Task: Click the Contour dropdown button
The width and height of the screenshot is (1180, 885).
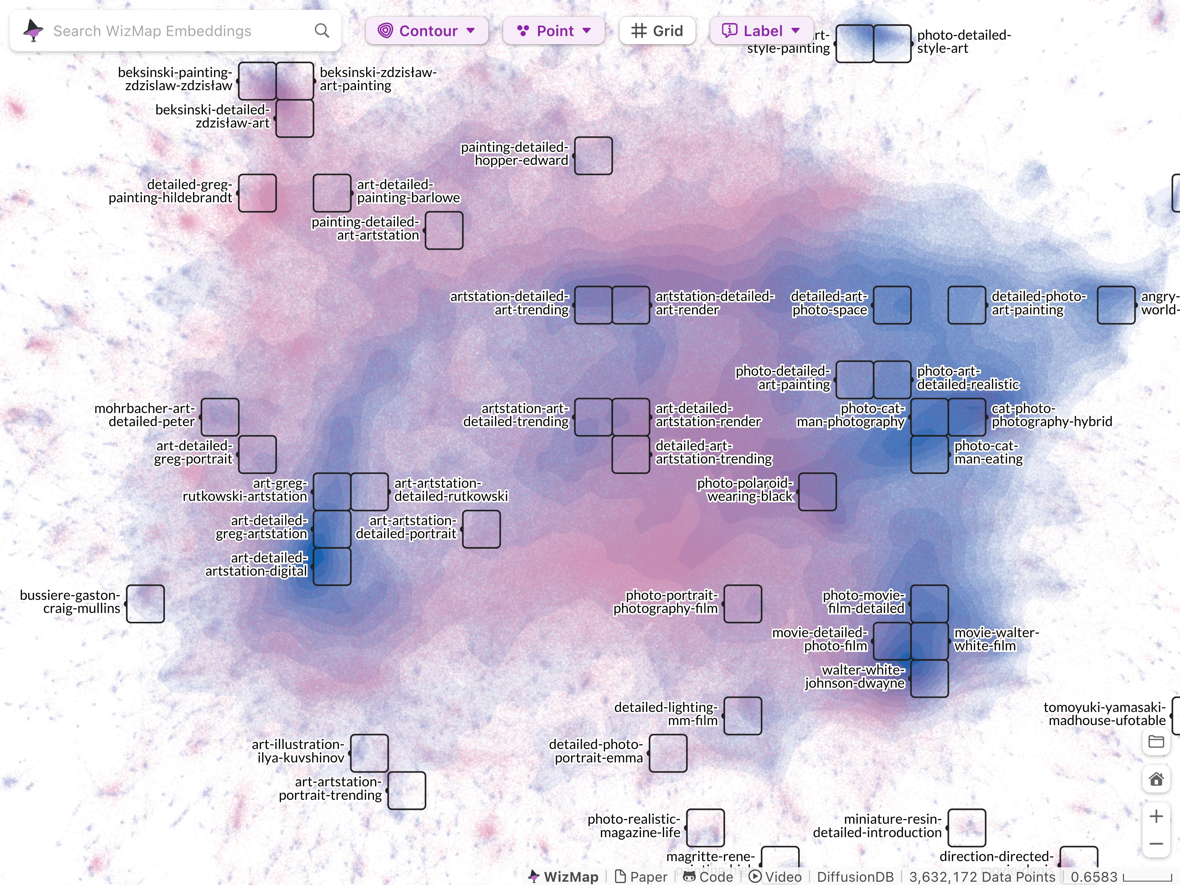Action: point(426,31)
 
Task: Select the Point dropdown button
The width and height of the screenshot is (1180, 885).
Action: point(553,31)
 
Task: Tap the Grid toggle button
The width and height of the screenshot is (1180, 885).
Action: point(657,31)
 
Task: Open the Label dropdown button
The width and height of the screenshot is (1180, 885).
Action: point(761,31)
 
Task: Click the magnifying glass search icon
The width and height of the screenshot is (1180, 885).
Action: point(322,31)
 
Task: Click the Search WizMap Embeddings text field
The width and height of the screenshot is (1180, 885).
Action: point(176,31)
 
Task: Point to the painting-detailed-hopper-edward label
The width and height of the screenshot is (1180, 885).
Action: point(515,154)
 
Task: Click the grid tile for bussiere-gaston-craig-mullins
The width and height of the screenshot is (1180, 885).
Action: point(145,604)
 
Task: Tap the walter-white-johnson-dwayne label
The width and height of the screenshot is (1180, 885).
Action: point(855,677)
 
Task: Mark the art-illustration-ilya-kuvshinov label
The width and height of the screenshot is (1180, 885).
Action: point(298,751)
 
